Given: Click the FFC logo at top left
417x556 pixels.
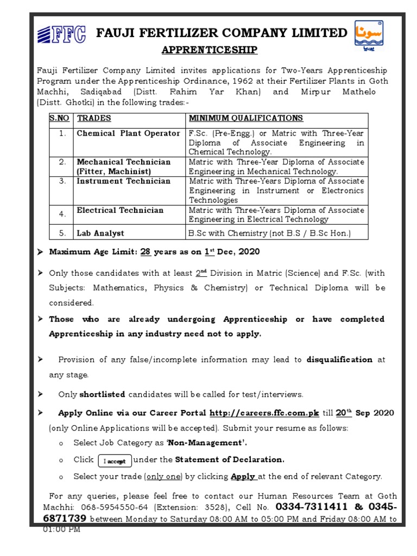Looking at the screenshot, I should (x=61, y=34).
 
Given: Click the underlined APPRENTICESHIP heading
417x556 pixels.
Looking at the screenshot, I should (x=209, y=50).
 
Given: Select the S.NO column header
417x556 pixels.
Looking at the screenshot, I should (x=59, y=118).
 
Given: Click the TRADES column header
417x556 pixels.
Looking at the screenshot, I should (x=94, y=118).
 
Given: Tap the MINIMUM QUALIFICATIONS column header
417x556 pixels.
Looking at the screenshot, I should (x=245, y=118).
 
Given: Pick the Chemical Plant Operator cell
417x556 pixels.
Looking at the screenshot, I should (x=128, y=134).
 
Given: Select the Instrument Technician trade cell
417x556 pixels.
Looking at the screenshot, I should (x=123, y=181).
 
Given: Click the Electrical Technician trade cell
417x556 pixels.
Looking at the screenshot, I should (x=120, y=211).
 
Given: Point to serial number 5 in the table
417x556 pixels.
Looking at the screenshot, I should (x=62, y=233).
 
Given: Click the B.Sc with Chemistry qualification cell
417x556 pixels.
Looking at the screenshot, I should (x=269, y=233).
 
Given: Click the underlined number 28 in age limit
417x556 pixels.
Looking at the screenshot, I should (x=145, y=252).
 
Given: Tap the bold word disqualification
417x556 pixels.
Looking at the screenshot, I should (x=339, y=359).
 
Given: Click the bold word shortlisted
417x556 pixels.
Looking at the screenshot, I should (x=102, y=395).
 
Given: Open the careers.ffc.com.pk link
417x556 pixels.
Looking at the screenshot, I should (x=264, y=414).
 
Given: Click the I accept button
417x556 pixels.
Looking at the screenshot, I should (x=115, y=461).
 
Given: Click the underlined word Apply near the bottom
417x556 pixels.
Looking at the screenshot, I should (x=243, y=477).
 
